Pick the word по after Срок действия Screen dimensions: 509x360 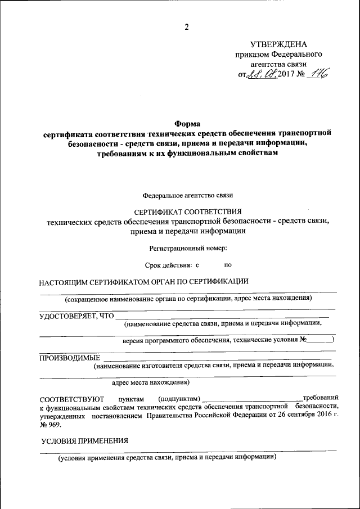pyautogui.click(x=228, y=264)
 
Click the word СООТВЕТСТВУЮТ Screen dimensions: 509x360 pyautogui.click(x=73, y=398)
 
